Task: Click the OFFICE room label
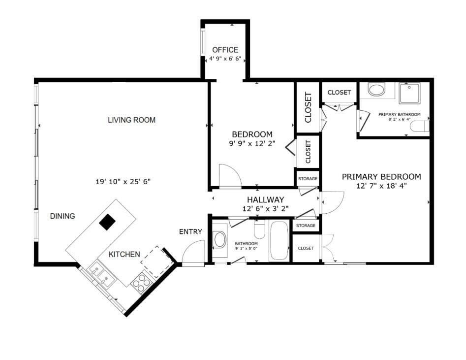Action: pyautogui.click(x=225, y=50)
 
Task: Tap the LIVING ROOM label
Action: pyautogui.click(x=131, y=120)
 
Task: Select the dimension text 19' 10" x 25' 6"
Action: pyautogui.click(x=123, y=181)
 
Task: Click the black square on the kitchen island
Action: pyautogui.click(x=108, y=223)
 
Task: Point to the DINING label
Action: pyautogui.click(x=62, y=216)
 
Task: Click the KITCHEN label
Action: pyautogui.click(x=124, y=254)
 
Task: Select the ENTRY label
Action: pyautogui.click(x=190, y=232)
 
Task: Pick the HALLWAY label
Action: pyautogui.click(x=265, y=199)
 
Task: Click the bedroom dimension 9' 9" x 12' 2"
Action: pyautogui.click(x=252, y=144)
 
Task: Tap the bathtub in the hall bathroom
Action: pyautogui.click(x=280, y=241)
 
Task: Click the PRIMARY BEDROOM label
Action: pyautogui.click(x=381, y=177)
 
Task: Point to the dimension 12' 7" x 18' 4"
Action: pyautogui.click(x=381, y=186)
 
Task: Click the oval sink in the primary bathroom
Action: pyautogui.click(x=377, y=90)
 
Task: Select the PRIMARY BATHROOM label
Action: pyautogui.click(x=399, y=114)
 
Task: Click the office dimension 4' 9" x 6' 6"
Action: pyautogui.click(x=225, y=59)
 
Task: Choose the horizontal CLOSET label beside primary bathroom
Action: pyautogui.click(x=339, y=92)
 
